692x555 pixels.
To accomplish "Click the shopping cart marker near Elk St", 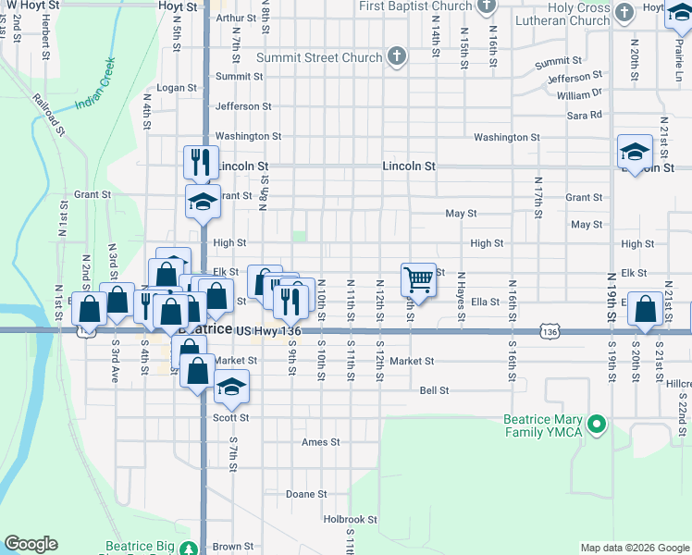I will pos(418,278).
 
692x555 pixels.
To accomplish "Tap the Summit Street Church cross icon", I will pos(397,56).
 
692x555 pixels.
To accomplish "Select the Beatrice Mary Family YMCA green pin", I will pos(598,425).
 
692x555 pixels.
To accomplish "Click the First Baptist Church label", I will pos(416,6).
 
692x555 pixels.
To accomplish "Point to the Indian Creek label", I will pos(96,84).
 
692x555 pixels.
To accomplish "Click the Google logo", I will pos(31,544).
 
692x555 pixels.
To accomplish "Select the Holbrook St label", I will pos(351,520).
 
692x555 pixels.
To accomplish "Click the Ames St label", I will pos(321,442).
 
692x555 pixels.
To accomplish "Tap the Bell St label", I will pos(434,390).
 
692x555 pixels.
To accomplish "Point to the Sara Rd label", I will pos(586,115).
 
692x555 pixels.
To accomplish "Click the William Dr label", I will pos(580,94).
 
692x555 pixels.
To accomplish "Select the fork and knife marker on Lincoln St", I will pos(201,162).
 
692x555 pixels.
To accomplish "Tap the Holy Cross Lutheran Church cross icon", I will pos(625,13).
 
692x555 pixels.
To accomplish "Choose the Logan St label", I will pos(178,88).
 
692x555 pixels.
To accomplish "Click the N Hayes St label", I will pos(460,299).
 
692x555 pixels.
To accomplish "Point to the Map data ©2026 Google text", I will pos(635,548).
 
